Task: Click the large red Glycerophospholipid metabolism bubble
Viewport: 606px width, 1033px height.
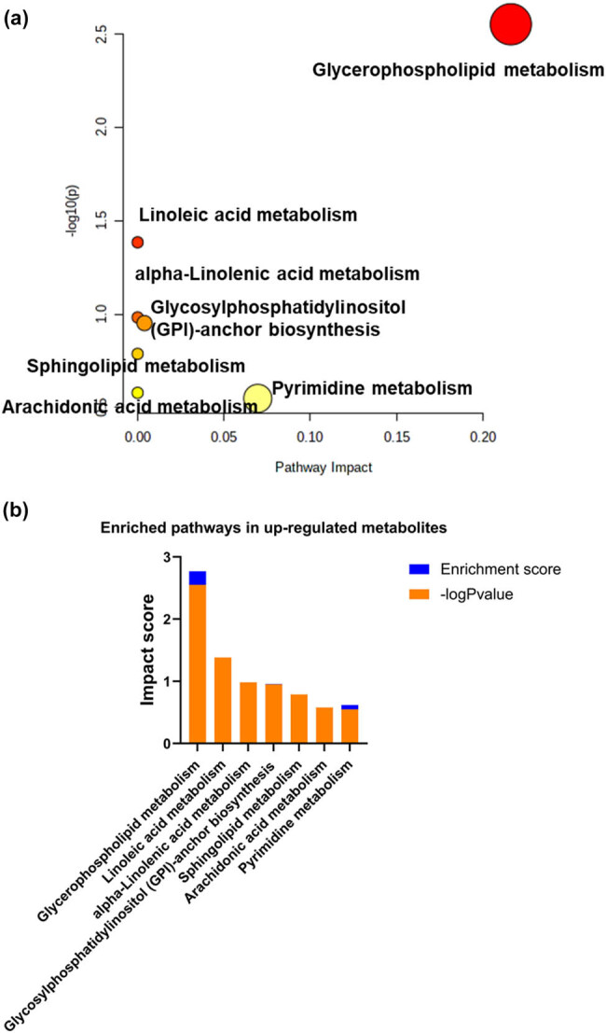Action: tap(510, 24)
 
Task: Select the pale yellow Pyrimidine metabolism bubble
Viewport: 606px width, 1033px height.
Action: tap(257, 398)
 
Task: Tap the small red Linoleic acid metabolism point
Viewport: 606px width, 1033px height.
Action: tap(137, 243)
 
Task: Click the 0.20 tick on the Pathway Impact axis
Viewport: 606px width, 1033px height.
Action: tap(483, 436)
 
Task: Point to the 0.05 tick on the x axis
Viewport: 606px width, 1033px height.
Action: tap(224, 436)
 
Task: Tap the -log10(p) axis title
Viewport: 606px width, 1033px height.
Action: tap(71, 222)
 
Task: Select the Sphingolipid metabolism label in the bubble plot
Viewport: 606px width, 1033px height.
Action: tap(136, 365)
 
